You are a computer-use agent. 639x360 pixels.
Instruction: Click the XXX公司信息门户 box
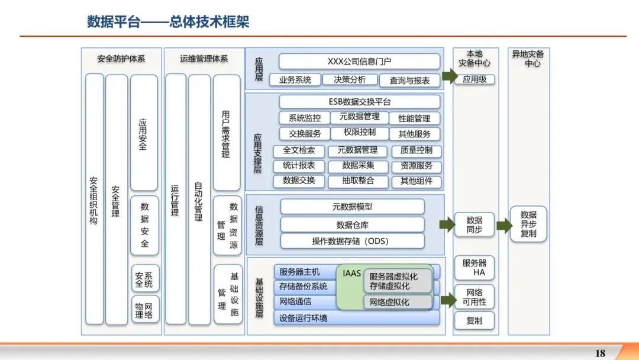tap(359, 62)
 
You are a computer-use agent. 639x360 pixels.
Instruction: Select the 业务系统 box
tap(295, 79)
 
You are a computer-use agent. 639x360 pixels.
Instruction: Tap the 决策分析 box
tap(350, 79)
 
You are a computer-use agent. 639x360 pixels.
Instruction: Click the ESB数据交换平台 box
tap(359, 102)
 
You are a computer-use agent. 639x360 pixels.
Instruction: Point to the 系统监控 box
tap(301, 118)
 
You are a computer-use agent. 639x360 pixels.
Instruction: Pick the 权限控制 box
tap(359, 133)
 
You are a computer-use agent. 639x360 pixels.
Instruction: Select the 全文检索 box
tap(299, 150)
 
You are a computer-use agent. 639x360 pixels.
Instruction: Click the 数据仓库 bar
tap(352, 225)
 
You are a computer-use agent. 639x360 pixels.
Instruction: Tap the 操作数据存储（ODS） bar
tap(352, 241)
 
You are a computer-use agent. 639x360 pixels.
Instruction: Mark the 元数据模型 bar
tap(352, 207)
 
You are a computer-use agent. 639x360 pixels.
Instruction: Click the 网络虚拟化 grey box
tap(398, 302)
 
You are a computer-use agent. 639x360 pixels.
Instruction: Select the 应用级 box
tap(474, 79)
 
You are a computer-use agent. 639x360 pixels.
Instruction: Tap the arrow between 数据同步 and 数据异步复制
tap(504, 226)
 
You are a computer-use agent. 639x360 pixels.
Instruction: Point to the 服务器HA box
tap(474, 268)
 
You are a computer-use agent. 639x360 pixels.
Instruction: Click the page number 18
tap(600, 353)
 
